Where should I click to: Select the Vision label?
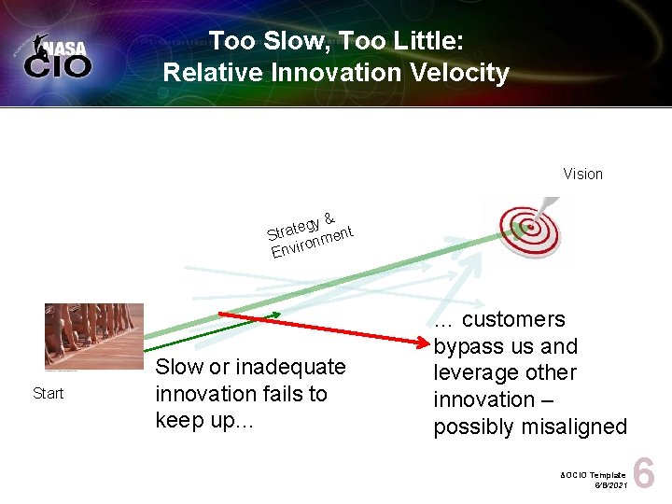point(582,174)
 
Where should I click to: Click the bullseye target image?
point(526,226)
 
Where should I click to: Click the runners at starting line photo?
point(93,336)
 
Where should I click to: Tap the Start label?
point(48,393)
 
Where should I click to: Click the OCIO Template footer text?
point(594,475)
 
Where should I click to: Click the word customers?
point(514,319)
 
